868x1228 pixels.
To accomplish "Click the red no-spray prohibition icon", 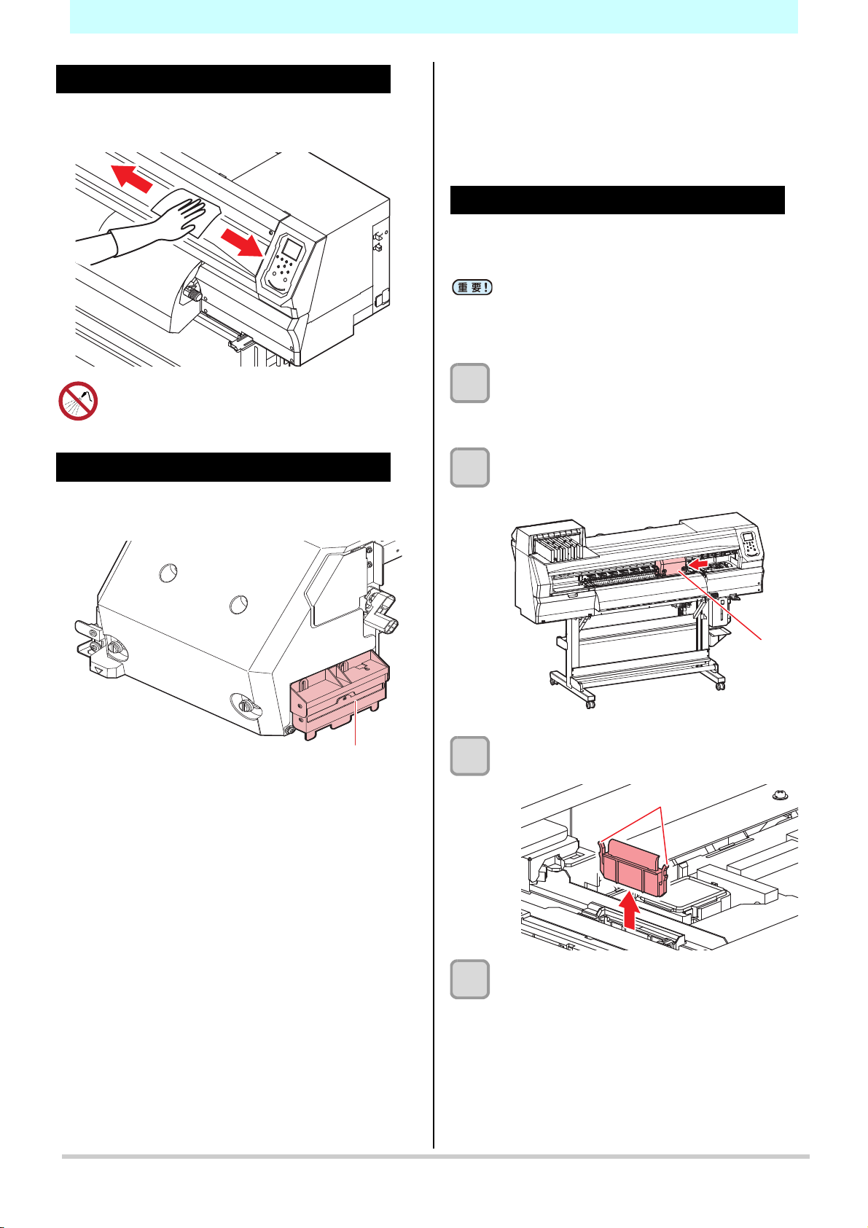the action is click(x=78, y=402).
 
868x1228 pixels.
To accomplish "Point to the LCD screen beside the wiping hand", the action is click(x=292, y=250).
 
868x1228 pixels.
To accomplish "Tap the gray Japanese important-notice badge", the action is click(x=472, y=288).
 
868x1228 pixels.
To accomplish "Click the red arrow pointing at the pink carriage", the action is click(x=700, y=563).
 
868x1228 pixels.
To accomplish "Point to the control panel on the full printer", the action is click(x=750, y=547).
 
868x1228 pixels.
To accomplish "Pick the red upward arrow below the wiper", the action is click(x=630, y=911).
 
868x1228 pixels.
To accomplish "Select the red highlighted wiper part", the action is click(x=633, y=867).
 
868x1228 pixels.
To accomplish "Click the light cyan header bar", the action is click(x=434, y=16).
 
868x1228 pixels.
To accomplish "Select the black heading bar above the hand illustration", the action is click(x=223, y=79).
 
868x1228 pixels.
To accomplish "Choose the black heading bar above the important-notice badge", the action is click(x=617, y=200).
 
